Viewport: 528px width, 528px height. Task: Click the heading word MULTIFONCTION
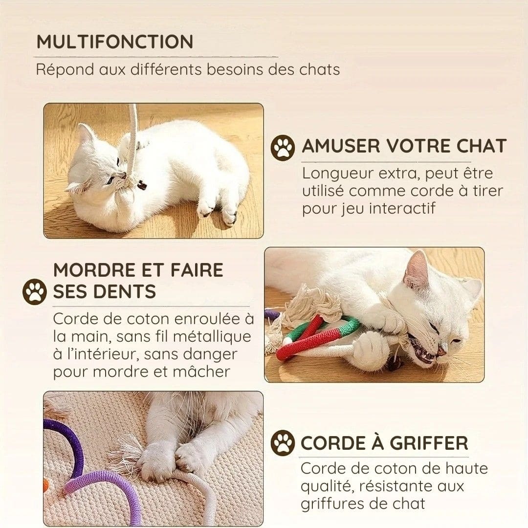point(115,42)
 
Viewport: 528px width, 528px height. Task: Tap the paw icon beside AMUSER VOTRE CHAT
point(283,148)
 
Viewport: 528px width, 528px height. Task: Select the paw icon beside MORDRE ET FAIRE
point(34,291)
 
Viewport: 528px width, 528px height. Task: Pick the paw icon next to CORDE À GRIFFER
point(283,443)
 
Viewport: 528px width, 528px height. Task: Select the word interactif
point(402,208)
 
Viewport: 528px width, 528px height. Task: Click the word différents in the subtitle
point(166,69)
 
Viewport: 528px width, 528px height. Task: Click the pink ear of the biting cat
point(416,267)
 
